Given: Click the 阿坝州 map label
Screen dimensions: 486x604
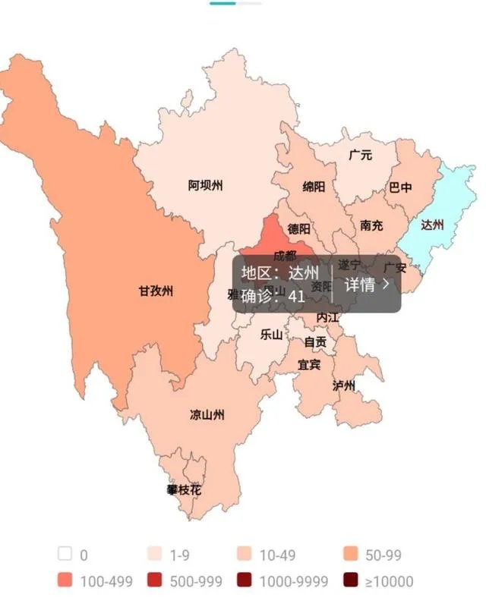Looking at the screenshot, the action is point(206,184).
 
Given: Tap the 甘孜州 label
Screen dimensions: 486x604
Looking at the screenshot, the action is point(156,291).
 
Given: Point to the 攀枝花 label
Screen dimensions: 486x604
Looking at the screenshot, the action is point(185,490).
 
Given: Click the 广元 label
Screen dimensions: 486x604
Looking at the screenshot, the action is point(360,156).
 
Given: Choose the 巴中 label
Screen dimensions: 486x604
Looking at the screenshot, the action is point(400,187).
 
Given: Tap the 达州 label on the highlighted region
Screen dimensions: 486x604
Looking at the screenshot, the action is point(431,225).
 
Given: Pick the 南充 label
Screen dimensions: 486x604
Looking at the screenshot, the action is point(371,225).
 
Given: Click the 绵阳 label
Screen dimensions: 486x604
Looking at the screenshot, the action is point(314,187).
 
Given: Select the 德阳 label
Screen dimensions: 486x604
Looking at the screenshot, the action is point(298,228).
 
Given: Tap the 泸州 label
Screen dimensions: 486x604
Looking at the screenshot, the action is point(344,385).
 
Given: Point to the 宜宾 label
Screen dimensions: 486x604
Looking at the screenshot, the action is point(309,364).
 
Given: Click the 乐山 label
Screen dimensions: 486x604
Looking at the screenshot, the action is point(271,334).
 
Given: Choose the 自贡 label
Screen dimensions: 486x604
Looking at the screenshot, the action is point(315,342).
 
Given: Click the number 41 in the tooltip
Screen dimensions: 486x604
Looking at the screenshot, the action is point(297,296).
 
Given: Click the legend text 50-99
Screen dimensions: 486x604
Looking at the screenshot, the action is point(383,555).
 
